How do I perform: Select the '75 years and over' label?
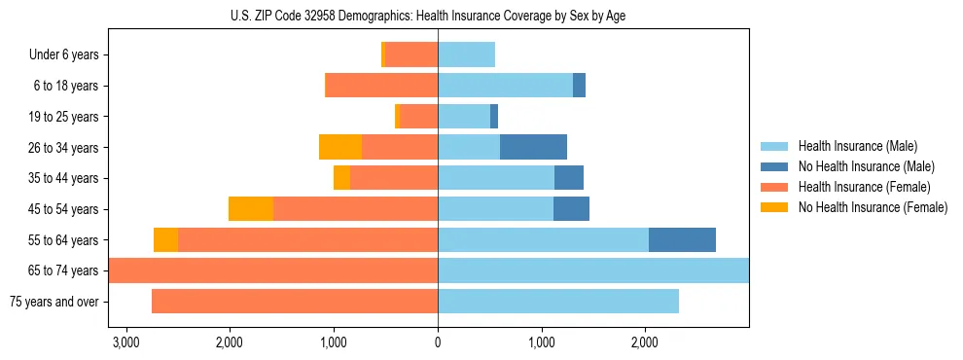[54, 302]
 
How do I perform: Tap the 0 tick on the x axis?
[438, 342]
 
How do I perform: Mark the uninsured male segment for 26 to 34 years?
[533, 147]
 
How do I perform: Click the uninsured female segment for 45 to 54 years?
[251, 209]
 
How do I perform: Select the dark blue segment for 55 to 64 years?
[682, 239]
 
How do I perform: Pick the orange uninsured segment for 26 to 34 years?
[340, 147]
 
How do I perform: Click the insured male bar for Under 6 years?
[467, 54]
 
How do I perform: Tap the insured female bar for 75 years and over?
[295, 302]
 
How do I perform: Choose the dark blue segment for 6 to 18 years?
[579, 86]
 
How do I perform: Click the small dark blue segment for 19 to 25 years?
[494, 117]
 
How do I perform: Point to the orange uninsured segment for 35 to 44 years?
[341, 178]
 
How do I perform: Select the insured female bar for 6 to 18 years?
[381, 86]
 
